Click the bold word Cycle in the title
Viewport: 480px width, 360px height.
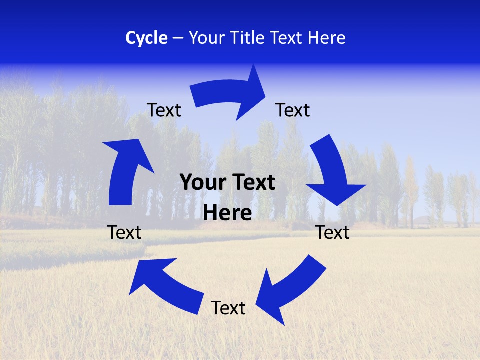(146, 38)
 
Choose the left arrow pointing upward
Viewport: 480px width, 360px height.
(125, 170)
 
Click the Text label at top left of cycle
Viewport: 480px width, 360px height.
(164, 110)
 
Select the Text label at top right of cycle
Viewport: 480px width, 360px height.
(293, 110)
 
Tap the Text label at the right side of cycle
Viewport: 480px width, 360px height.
(333, 232)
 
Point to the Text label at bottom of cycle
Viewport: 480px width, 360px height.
(228, 308)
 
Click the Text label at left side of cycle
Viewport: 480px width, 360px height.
(124, 232)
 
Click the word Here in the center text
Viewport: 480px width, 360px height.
(228, 213)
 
